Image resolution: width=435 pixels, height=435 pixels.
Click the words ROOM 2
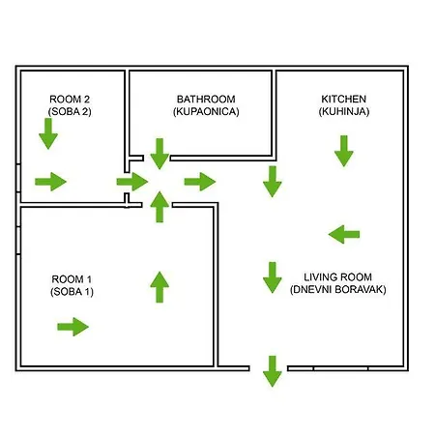tap(70, 99)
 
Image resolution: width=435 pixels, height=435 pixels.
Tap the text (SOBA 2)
tap(70, 111)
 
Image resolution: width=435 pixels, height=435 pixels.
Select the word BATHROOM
tap(206, 99)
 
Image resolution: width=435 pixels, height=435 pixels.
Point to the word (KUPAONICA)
tap(206, 111)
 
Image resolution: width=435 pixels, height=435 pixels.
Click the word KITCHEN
tap(344, 99)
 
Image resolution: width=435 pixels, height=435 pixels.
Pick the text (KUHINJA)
tap(344, 111)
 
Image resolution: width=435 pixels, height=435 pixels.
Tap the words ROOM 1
tap(72, 279)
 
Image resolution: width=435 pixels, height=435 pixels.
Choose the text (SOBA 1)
tap(72, 292)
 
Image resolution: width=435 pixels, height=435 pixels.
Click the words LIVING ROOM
tap(338, 277)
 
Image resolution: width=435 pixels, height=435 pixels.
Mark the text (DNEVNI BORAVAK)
tap(338, 289)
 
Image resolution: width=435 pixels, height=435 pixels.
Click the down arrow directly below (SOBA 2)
tap(48, 133)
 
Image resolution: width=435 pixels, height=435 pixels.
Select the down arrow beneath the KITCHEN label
tap(344, 151)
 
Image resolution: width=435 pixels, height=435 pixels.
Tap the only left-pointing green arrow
tap(344, 234)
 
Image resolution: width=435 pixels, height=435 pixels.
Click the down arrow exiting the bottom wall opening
tap(273, 371)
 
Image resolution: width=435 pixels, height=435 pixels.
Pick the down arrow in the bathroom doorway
tap(159, 154)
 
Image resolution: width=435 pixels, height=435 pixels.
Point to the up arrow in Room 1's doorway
tap(159, 207)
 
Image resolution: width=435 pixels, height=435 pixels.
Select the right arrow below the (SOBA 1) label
tap(72, 327)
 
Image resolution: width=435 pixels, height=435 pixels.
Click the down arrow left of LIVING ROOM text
tap(273, 277)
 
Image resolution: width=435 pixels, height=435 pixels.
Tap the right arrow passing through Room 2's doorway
tap(132, 182)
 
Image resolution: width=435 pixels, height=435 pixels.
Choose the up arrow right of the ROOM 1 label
tap(159, 287)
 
